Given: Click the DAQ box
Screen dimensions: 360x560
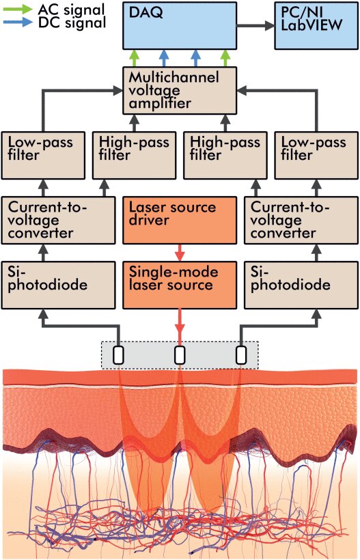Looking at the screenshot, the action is click(180, 26).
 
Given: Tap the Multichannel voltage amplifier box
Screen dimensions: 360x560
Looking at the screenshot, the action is click(180, 91).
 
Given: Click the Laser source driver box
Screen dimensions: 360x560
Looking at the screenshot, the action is click(180, 221).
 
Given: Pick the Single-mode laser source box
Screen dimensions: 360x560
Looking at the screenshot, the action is click(180, 285).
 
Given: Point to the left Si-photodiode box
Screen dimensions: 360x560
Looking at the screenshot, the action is click(58, 285).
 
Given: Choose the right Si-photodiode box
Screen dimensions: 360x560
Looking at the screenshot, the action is click(301, 285).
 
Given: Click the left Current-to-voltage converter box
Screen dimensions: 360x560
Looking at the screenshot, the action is click(58, 221).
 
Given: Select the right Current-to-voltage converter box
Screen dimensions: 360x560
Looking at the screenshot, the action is click(301, 221).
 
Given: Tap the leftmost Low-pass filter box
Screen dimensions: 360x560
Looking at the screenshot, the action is click(43, 155).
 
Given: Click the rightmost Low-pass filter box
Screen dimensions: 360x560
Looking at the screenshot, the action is click(316, 155).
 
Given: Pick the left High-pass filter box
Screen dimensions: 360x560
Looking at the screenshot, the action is click(135, 155).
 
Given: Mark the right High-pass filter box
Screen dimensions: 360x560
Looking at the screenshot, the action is click(225, 155).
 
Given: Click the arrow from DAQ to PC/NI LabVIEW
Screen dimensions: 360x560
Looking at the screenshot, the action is click(255, 26).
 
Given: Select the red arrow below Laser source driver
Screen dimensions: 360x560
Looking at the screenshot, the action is click(180, 253).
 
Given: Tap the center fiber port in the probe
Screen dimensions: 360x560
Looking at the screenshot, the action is click(180, 355).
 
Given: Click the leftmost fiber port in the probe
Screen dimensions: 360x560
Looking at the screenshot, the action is click(119, 355).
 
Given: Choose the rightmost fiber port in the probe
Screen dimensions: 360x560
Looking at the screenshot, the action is click(241, 355).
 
